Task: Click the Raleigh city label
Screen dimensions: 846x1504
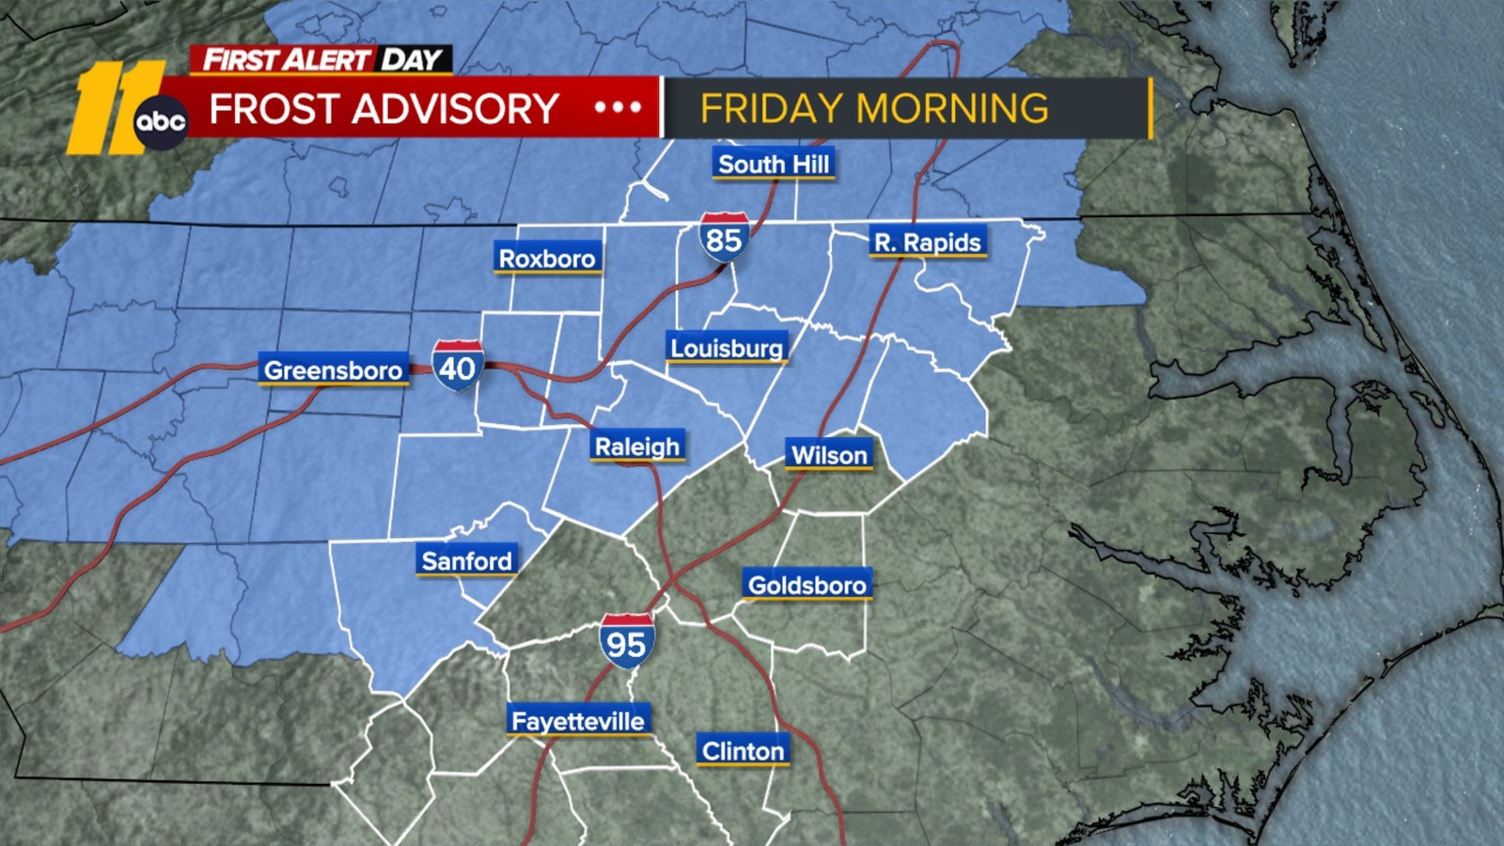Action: click(637, 446)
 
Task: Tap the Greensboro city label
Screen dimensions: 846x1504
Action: click(333, 370)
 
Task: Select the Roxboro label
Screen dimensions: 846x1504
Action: click(547, 258)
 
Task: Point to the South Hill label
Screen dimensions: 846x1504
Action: click(774, 164)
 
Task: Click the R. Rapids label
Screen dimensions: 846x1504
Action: click(927, 243)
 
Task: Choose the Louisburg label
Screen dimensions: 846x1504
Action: click(726, 349)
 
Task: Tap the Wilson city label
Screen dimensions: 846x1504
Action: click(829, 456)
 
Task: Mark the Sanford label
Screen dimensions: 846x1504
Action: click(466, 561)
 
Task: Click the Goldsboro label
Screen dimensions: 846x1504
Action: click(807, 586)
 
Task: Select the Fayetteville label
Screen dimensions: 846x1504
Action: click(578, 721)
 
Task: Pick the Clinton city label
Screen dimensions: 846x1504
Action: click(743, 751)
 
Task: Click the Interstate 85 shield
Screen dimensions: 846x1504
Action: click(724, 238)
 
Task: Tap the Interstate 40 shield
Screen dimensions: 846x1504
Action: click(458, 366)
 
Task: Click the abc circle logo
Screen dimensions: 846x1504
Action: click(161, 122)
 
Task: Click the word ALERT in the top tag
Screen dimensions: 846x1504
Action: click(326, 60)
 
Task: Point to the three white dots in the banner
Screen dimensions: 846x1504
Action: click(618, 108)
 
